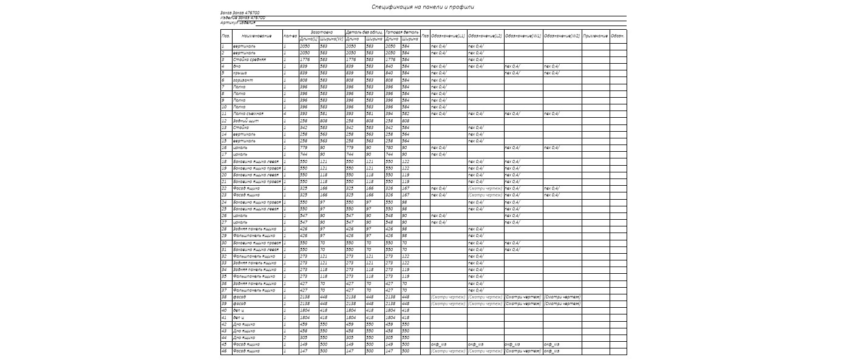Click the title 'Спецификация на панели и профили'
click(x=423, y=7)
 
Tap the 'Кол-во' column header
click(x=290, y=36)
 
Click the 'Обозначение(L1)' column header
click(x=448, y=36)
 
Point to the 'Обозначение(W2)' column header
click(x=562, y=36)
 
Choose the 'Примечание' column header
click(x=595, y=36)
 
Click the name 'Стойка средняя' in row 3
click(x=249, y=59)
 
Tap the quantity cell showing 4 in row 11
click(x=284, y=114)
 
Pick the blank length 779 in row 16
click(x=305, y=148)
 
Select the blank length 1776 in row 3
click(x=305, y=59)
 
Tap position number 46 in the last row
click(x=223, y=351)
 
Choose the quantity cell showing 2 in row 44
click(x=284, y=338)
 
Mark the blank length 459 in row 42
click(x=304, y=324)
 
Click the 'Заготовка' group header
click(x=321, y=32)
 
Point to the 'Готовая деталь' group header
click(x=401, y=32)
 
